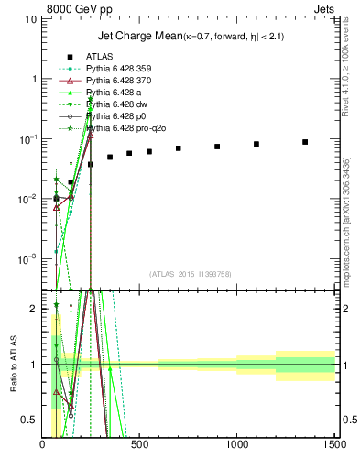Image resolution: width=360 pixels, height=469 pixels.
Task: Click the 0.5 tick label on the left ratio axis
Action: pos(33,420)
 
